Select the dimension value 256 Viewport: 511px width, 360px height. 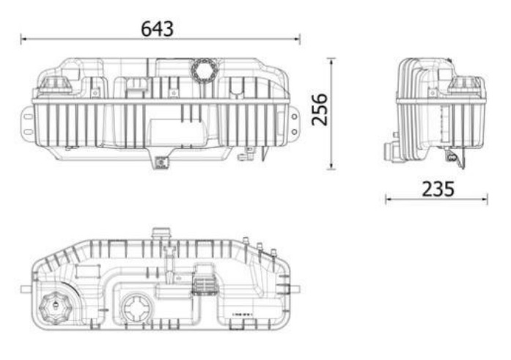click(x=320, y=109)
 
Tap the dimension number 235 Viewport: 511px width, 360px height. click(x=438, y=189)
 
